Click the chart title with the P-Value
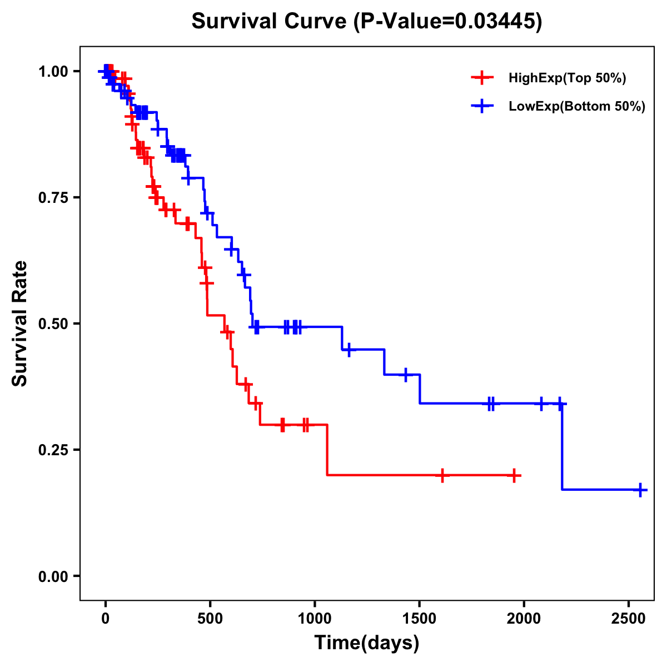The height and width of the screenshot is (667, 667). (x=367, y=22)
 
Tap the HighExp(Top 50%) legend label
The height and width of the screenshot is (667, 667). (x=568, y=78)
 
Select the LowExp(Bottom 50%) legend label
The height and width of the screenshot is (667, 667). (x=577, y=107)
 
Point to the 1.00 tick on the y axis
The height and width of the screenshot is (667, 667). (x=53, y=72)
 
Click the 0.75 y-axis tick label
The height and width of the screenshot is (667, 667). (x=53, y=198)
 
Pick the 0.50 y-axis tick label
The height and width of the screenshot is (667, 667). (x=53, y=324)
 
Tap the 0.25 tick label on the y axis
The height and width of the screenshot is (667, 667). (x=53, y=450)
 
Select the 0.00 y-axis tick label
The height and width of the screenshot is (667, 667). (x=53, y=576)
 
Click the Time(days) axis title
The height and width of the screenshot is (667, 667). (x=367, y=643)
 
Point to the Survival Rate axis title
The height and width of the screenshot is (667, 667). (x=21, y=323)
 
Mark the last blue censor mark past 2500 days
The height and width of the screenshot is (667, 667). (x=640, y=490)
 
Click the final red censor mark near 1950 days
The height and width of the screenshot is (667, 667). (x=515, y=476)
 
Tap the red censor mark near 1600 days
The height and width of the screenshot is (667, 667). (x=442, y=476)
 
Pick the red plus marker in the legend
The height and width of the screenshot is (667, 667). (x=482, y=78)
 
